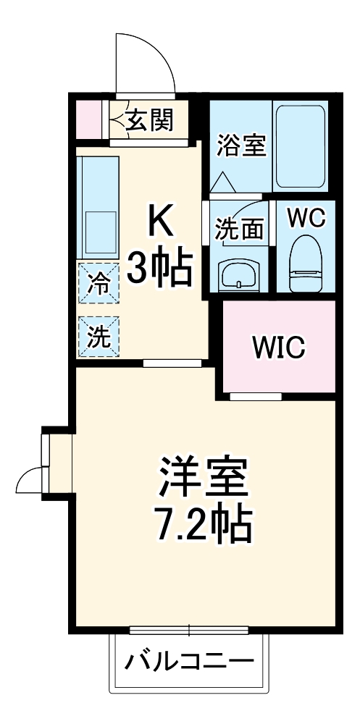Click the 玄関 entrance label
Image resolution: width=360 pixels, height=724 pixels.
pos(150,120)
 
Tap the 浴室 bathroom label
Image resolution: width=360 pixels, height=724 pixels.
pos(241,145)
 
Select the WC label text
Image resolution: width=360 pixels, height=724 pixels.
pos(306,216)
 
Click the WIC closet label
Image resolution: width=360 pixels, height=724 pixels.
pos(280,347)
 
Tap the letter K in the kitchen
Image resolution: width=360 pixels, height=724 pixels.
pos(161,222)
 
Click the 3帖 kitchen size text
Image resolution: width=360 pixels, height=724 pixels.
pos(160,269)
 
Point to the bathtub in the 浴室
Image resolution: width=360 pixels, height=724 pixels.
pos(300,143)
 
